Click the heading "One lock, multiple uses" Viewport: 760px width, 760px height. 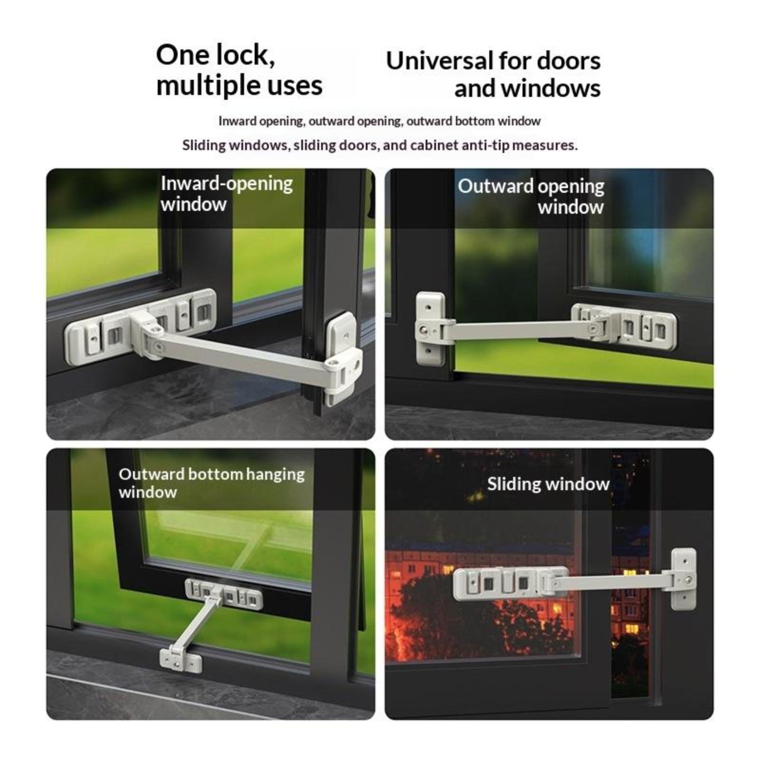coord(239,70)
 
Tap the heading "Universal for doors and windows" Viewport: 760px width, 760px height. coord(494,75)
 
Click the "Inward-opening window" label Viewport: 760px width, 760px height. coord(227,194)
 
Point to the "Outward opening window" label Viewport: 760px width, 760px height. coord(531,196)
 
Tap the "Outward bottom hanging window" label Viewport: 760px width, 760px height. coord(211,483)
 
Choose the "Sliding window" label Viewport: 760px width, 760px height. coord(548,484)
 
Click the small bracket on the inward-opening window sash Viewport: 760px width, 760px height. coord(343,356)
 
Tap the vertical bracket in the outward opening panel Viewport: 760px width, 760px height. coord(430,329)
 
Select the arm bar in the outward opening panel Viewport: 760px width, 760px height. coord(515,329)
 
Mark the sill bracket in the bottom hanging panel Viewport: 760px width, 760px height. coord(180,659)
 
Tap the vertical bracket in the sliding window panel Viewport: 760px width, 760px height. coord(684,579)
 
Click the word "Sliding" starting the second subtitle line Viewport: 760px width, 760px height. coord(205,145)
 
